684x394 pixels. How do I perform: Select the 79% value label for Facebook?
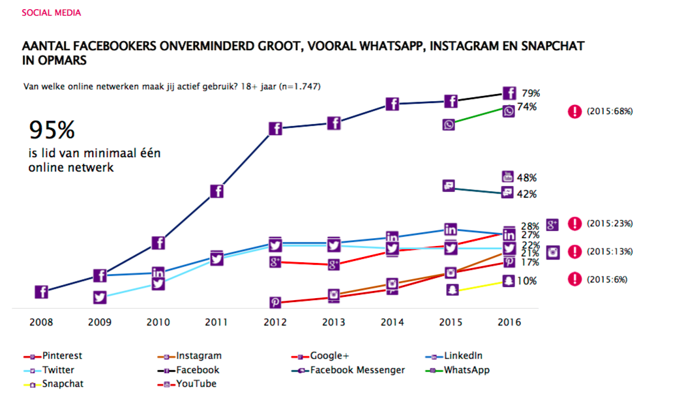click(x=529, y=93)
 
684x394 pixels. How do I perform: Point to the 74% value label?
click(x=527, y=107)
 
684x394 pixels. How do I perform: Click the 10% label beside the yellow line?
click(x=527, y=281)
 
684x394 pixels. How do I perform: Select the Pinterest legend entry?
click(x=62, y=356)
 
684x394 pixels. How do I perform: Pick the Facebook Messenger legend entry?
click(x=357, y=370)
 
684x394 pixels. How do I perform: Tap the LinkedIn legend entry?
click(x=462, y=356)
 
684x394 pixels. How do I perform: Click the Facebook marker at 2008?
click(x=40, y=292)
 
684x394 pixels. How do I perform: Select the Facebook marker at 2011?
click(x=217, y=191)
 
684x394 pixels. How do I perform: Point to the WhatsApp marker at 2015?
click(x=449, y=125)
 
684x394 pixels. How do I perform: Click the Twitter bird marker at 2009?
click(x=100, y=297)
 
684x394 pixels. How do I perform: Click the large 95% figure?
click(x=52, y=130)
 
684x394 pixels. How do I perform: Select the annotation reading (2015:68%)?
click(x=609, y=112)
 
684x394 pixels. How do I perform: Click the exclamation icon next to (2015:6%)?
click(x=574, y=279)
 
